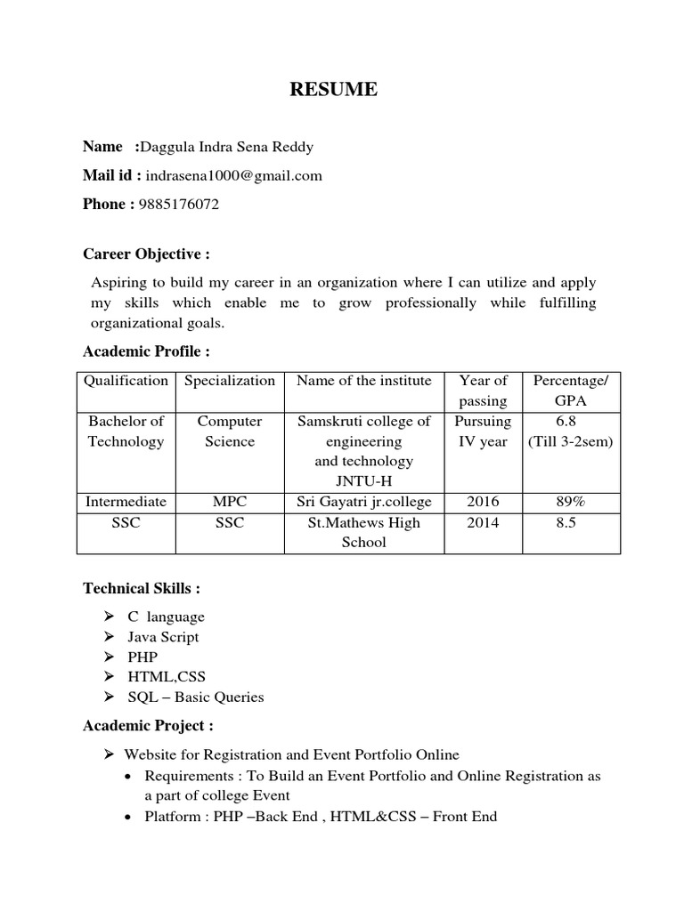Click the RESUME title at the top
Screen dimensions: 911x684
click(332, 89)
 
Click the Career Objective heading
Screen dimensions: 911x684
click(146, 254)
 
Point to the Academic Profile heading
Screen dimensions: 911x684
click(146, 351)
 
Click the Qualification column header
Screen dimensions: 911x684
click(126, 381)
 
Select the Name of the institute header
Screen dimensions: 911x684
click(363, 381)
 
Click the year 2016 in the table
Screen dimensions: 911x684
click(483, 502)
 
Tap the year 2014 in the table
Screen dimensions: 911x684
click(483, 523)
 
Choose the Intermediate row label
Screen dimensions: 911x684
click(126, 502)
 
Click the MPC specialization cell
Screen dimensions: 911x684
click(229, 502)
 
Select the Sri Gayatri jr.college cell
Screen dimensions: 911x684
click(363, 502)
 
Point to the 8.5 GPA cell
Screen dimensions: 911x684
click(566, 523)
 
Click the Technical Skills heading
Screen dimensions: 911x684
click(142, 588)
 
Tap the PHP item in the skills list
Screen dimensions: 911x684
click(142, 657)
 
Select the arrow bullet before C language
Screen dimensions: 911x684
click(109, 616)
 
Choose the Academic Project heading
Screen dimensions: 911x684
click(148, 726)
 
